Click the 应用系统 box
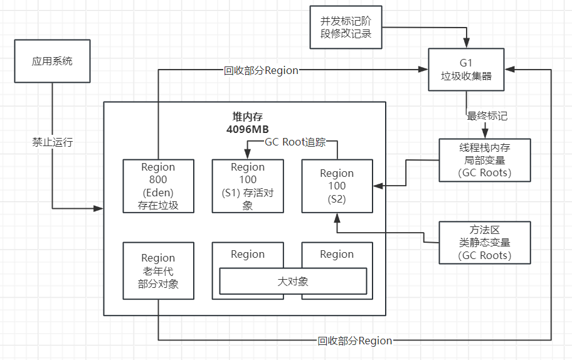tap(52, 61)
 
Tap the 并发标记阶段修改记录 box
tap(346, 27)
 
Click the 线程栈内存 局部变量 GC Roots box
tap(484, 160)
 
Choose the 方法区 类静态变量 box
tap(484, 242)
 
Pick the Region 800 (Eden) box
tap(158, 186)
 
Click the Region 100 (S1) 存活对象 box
tap(248, 186)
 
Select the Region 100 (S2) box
tap(337, 186)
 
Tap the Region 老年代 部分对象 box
tap(158, 270)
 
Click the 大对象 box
tap(293, 281)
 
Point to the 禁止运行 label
tap(53, 142)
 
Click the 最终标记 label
tap(487, 115)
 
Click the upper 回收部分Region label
tap(261, 70)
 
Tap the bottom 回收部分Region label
tap(354, 341)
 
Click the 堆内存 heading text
tap(244, 117)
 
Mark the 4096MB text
tap(244, 129)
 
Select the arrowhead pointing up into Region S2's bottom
tap(337, 217)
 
